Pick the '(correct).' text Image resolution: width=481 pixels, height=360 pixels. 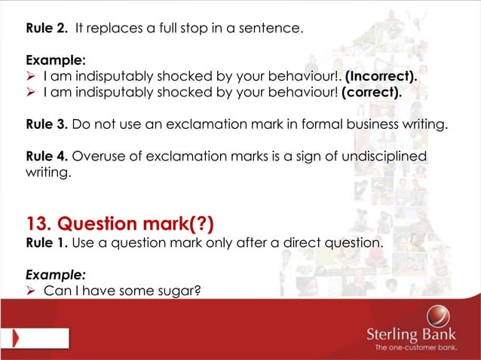coord(372,93)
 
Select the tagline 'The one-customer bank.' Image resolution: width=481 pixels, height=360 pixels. coord(424,349)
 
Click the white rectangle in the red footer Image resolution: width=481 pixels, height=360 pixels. coord(34,335)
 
